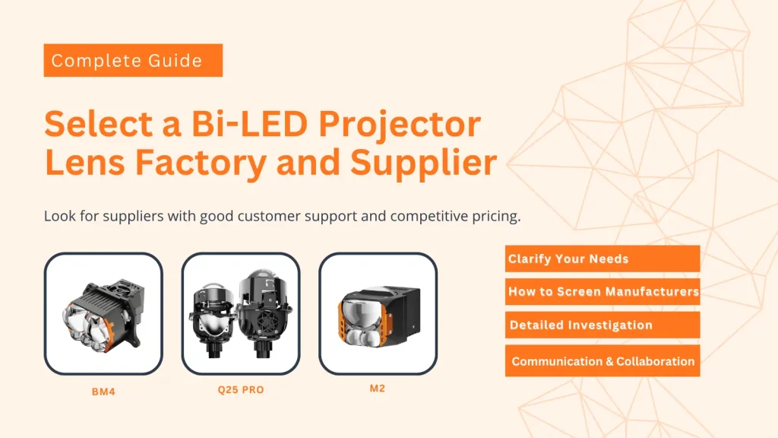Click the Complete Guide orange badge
[x=133, y=60]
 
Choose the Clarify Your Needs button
[x=602, y=259]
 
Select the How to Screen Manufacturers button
[x=602, y=291]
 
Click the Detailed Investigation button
[x=602, y=325]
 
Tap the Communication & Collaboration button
[x=602, y=361]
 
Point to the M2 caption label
[x=377, y=389]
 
